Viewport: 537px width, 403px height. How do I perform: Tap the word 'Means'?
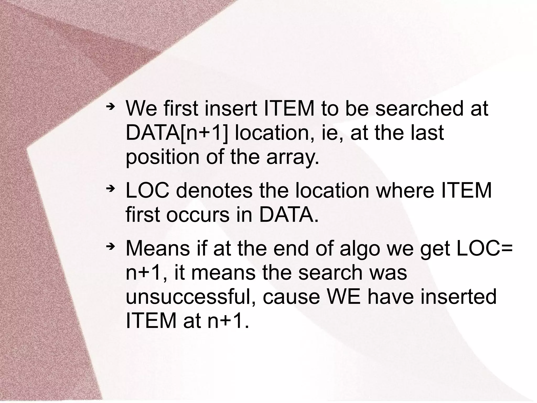coord(158,248)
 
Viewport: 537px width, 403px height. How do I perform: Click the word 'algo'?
coord(359,248)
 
